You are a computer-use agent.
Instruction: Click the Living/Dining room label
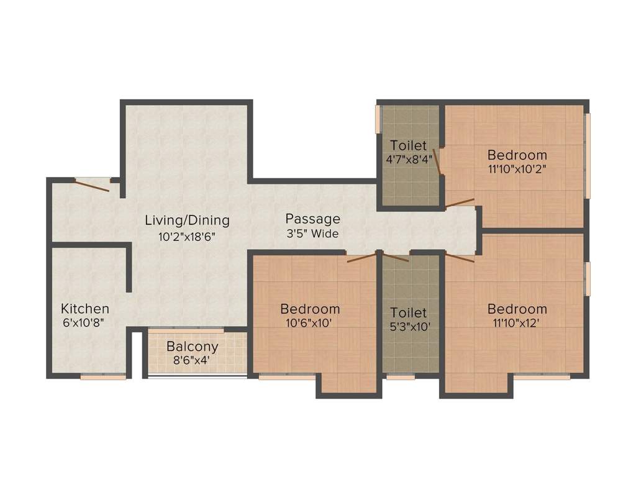(x=187, y=220)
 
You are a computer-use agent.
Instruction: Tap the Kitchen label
(x=85, y=309)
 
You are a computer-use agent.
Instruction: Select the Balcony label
(x=193, y=347)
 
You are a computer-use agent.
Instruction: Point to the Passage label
(x=312, y=219)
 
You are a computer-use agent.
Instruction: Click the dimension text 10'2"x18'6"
(x=187, y=236)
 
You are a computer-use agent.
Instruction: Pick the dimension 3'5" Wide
(x=312, y=234)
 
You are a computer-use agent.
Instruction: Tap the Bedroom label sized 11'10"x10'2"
(x=517, y=155)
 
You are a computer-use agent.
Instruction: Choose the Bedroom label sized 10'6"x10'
(x=310, y=309)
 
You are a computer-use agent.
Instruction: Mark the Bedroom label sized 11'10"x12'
(x=517, y=309)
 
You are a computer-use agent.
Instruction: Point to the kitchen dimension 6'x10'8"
(x=85, y=324)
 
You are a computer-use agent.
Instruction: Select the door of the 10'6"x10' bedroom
(x=362, y=257)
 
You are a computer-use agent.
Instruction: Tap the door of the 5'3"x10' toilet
(x=395, y=257)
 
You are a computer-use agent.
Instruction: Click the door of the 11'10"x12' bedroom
(x=460, y=258)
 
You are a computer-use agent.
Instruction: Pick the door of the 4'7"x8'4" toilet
(x=437, y=162)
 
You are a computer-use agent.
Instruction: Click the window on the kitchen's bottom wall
(x=103, y=376)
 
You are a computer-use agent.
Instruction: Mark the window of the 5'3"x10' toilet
(x=401, y=376)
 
